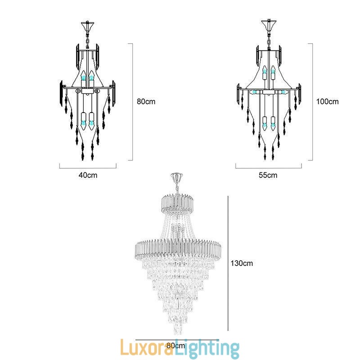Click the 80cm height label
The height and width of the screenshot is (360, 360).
(146, 102)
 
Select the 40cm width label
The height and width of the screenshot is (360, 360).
(88, 175)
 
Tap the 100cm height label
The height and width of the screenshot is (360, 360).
(327, 102)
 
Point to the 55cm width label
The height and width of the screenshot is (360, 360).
(268, 175)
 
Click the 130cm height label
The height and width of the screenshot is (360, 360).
(242, 263)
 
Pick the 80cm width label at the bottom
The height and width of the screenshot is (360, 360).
(175, 346)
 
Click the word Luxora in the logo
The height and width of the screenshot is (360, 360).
(148, 349)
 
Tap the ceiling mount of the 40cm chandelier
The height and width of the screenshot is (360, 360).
(87, 23)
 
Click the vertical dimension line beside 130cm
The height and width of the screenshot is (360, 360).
(229, 263)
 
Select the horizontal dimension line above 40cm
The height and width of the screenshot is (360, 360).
(88, 167)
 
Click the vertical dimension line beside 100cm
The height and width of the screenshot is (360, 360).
(312, 102)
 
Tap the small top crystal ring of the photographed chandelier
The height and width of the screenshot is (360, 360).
(176, 202)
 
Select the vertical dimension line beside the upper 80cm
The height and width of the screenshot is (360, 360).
(133, 102)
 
